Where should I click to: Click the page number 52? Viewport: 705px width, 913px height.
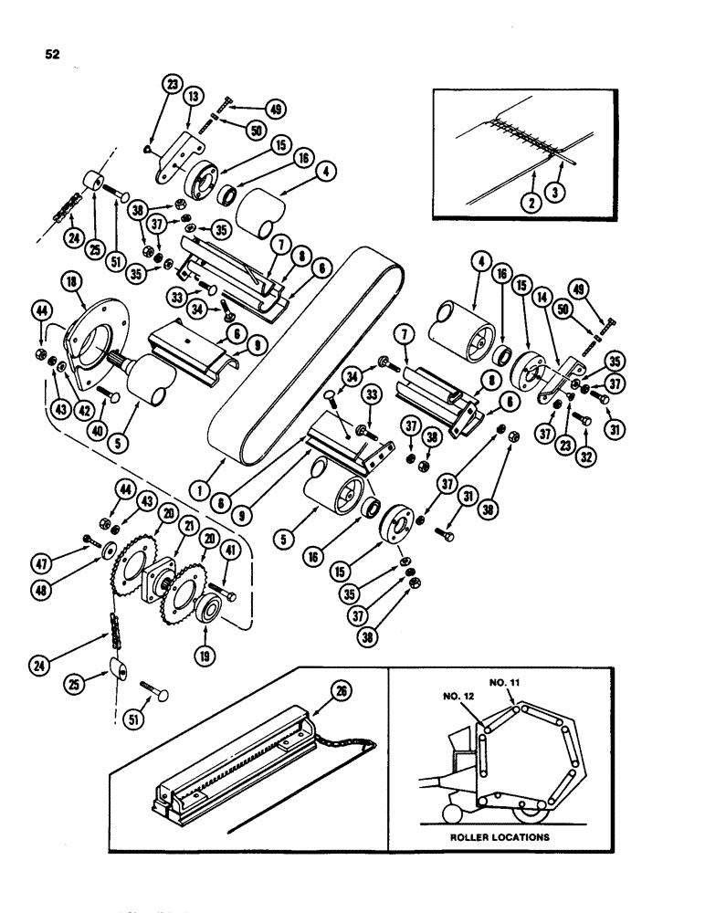(x=52, y=54)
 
